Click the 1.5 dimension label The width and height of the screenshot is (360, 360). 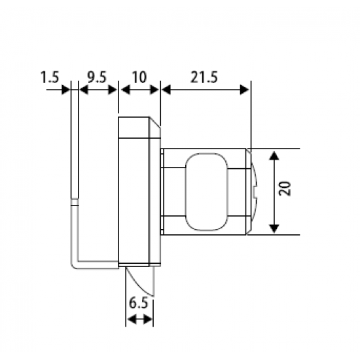click(x=50, y=77)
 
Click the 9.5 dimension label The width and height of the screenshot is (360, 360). click(x=97, y=77)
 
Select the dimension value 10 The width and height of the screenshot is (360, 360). click(x=139, y=77)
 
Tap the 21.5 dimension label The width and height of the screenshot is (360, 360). click(x=204, y=77)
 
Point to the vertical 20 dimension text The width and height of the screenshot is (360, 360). click(x=285, y=189)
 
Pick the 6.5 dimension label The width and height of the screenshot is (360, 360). click(x=139, y=303)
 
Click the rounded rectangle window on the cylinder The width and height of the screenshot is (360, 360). click(x=207, y=192)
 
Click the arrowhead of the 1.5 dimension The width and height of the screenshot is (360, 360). click(x=66, y=90)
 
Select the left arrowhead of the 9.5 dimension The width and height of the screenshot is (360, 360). click(x=84, y=90)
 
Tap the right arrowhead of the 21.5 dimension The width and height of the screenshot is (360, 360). click(x=245, y=90)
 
